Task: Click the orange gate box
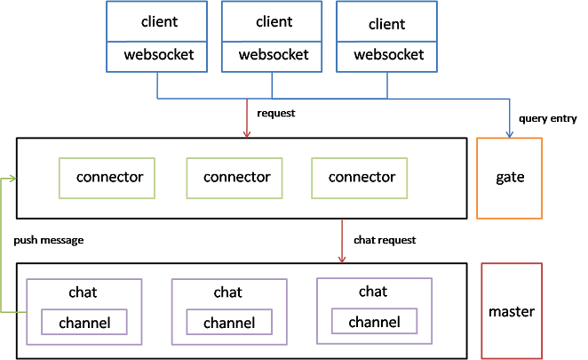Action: click(509, 178)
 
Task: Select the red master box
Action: click(511, 311)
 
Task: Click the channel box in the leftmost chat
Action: click(84, 323)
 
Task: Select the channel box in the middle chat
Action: click(229, 323)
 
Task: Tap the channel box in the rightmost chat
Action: click(373, 322)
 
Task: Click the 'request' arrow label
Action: click(274, 114)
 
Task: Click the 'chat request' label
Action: click(385, 240)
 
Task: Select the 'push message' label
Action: click(49, 240)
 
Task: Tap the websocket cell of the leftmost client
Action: click(157, 54)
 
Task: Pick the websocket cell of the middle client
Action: click(274, 54)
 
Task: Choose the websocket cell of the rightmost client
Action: click(389, 54)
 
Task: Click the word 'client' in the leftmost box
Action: click(159, 20)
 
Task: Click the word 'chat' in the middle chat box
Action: click(228, 292)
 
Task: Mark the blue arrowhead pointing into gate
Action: click(509, 133)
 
